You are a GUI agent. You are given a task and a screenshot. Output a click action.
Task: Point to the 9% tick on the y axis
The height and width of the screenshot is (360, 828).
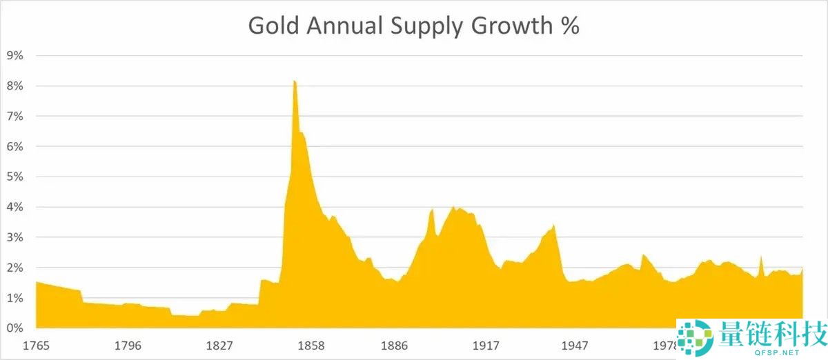tap(14, 56)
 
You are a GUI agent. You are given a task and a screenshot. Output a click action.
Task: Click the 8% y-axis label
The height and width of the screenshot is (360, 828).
tap(14, 86)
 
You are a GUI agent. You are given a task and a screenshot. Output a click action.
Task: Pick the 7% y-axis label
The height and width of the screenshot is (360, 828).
tap(14, 117)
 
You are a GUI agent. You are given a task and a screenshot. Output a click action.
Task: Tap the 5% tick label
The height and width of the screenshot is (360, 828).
tap(14, 177)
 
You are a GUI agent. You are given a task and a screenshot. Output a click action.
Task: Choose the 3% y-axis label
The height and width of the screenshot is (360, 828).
tap(14, 237)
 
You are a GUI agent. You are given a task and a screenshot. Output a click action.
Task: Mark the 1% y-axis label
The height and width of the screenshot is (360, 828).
tap(14, 298)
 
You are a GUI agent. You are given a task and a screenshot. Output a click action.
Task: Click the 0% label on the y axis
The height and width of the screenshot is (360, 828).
tap(14, 328)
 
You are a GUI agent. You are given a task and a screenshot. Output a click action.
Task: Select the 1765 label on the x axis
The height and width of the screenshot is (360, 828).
tap(37, 345)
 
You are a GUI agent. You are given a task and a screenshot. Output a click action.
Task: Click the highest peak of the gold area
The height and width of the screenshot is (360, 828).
tap(294, 82)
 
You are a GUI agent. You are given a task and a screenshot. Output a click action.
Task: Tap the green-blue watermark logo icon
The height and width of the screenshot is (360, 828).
tap(693, 338)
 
